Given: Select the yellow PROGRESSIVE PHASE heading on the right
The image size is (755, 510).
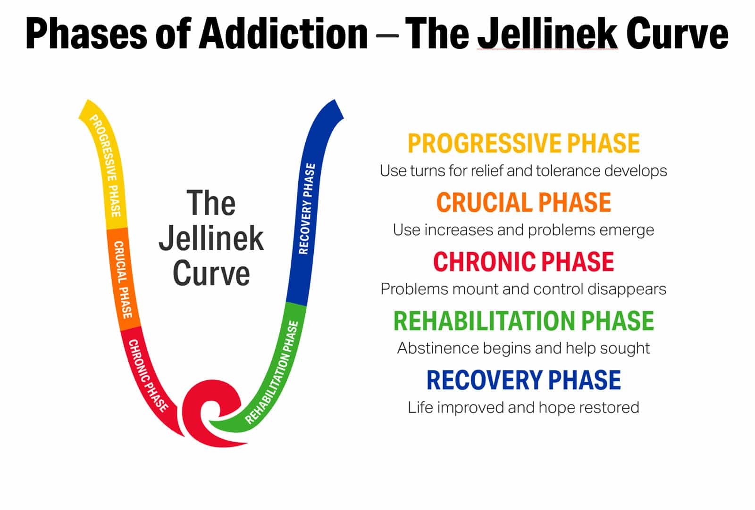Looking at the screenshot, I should (x=523, y=143).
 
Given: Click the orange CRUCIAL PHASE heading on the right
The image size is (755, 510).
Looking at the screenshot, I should (x=523, y=203).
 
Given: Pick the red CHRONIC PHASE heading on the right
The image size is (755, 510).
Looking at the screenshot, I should (x=523, y=262).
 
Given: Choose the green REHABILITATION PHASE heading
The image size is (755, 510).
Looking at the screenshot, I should (x=523, y=321).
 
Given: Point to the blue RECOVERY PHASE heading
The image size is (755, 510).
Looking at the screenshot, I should (x=523, y=380).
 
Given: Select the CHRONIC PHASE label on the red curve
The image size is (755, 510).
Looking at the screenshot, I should (x=147, y=375).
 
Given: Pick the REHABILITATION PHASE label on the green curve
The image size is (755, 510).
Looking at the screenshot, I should (x=274, y=372).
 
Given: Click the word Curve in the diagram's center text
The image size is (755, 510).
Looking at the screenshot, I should (x=211, y=273).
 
